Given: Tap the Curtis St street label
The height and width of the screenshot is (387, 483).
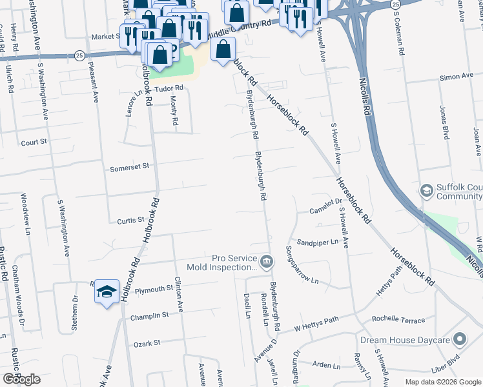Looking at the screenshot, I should (130, 221).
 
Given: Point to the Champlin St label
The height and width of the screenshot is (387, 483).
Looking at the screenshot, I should (149, 315).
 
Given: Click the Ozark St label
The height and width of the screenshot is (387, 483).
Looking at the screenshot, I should (145, 345).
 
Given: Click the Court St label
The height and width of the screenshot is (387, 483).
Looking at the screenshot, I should (34, 142).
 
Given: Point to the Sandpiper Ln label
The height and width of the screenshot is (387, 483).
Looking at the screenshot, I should (320, 242).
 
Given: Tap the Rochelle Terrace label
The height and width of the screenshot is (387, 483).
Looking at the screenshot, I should (398, 320).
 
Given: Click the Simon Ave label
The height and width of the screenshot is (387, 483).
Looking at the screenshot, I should (457, 77).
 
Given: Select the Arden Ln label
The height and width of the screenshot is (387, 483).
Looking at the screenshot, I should (326, 365).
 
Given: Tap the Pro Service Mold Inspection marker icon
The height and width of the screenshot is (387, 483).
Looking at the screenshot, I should (268, 261).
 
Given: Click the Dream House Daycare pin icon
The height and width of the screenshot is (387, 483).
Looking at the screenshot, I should (460, 339).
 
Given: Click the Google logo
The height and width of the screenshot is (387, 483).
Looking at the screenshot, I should (21, 379).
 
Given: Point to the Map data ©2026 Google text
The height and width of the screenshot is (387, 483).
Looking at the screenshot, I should (442, 382).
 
